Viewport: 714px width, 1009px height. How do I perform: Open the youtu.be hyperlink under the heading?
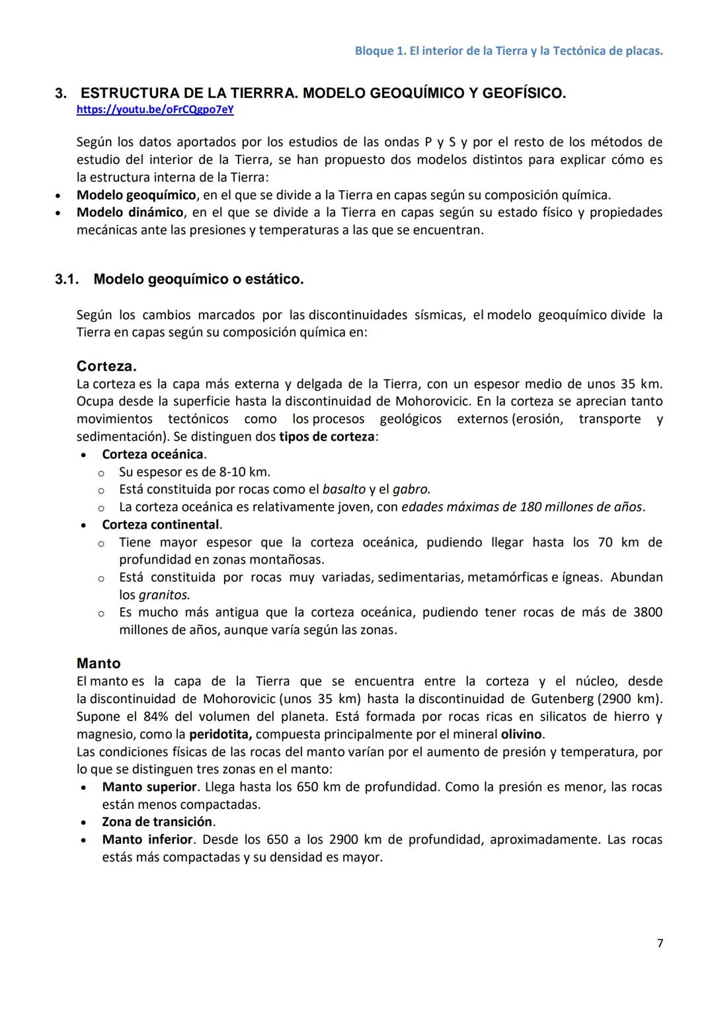tap(155, 110)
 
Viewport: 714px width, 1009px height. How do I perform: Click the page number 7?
tap(659, 943)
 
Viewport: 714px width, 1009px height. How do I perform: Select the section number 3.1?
tap(66, 279)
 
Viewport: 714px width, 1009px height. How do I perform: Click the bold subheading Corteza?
tap(106, 366)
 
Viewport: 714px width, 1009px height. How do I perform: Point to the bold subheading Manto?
tap(99, 663)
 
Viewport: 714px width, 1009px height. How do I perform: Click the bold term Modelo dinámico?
tap(130, 212)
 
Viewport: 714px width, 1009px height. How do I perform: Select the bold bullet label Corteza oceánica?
tap(153, 455)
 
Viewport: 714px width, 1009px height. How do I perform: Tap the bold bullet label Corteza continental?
tap(161, 525)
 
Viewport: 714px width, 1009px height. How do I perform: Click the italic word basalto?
tap(344, 490)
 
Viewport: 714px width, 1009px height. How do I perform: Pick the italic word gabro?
tap(411, 490)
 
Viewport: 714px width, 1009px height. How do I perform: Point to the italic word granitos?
tap(164, 595)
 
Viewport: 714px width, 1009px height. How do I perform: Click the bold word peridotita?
tap(219, 734)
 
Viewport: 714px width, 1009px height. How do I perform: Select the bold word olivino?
tap(521, 734)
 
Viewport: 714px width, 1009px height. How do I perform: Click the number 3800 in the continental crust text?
tap(647, 612)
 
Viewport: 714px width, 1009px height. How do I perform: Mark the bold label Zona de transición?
tap(157, 822)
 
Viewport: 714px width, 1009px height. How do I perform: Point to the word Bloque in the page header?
tap(374, 51)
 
